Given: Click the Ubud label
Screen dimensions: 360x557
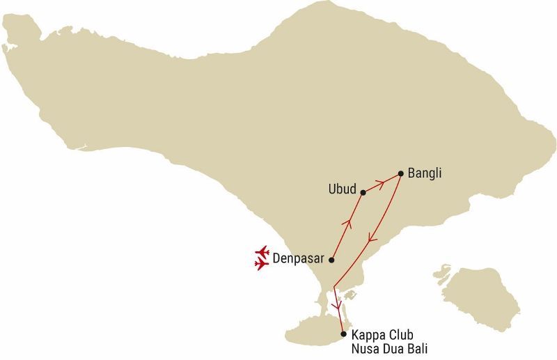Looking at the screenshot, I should pyautogui.click(x=342, y=189).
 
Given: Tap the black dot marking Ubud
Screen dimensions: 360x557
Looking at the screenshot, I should pyautogui.click(x=363, y=192).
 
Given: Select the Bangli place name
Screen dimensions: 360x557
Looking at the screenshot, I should pyautogui.click(x=425, y=172).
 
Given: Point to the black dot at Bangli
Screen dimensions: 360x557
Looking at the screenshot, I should pyautogui.click(x=400, y=173).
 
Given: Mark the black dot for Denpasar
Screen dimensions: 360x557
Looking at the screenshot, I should pyautogui.click(x=331, y=260).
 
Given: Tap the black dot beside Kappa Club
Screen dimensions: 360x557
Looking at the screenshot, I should pyautogui.click(x=343, y=334).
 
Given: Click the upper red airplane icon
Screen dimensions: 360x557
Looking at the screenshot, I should pyautogui.click(x=262, y=251).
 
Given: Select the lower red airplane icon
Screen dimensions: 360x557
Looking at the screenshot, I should pyautogui.click(x=262, y=265).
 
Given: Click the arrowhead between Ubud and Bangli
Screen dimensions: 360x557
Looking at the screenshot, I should pyautogui.click(x=381, y=183).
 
